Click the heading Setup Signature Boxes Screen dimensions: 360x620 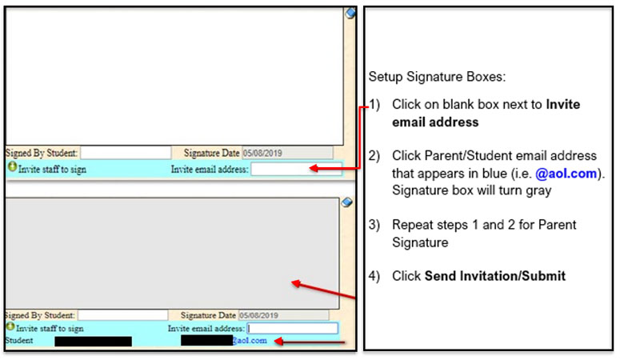click(x=437, y=78)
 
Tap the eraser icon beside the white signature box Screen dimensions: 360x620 click(x=350, y=13)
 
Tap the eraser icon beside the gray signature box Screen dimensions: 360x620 click(x=346, y=202)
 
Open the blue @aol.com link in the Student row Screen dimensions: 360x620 click(x=250, y=340)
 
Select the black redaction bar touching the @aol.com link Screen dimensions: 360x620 click(x=206, y=340)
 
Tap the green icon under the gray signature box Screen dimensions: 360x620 click(x=10, y=327)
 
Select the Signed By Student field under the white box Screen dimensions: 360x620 click(x=125, y=152)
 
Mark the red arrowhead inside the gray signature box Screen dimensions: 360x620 click(x=295, y=282)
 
